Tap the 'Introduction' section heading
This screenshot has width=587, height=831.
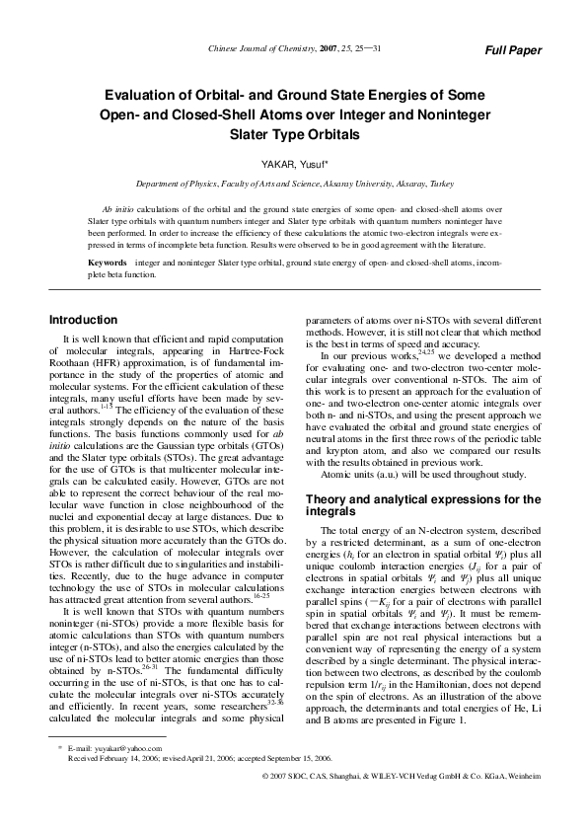click(83, 320)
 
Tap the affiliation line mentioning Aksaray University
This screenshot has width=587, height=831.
click(294, 185)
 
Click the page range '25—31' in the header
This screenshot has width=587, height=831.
click(369, 48)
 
